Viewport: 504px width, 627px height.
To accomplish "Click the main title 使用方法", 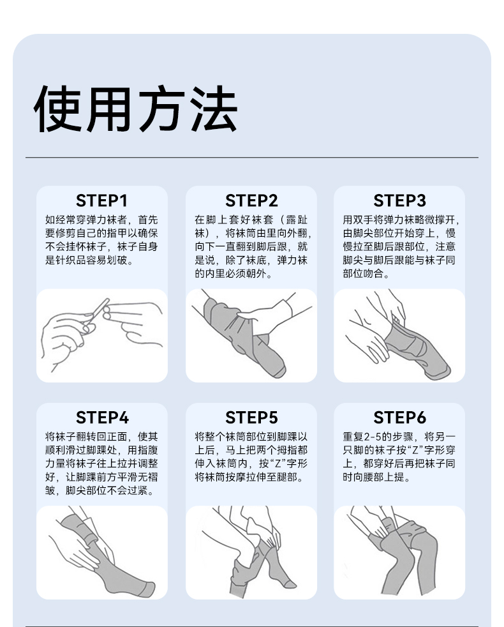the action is (136, 109).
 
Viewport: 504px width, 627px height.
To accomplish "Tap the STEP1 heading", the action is (102, 200).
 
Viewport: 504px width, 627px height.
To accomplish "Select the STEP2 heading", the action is (251, 200).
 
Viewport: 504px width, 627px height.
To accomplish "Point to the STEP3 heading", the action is (399, 200).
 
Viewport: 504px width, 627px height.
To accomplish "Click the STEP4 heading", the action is (102, 418).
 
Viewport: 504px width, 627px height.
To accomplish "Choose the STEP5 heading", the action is (251, 418).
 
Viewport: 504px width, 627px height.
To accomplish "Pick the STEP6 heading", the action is (399, 418).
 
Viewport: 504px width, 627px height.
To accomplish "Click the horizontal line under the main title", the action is (252, 158).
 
